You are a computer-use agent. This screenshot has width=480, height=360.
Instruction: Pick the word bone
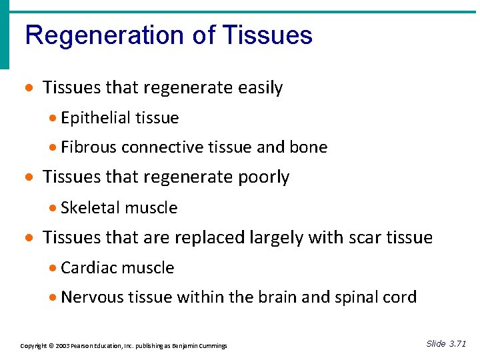point(309,147)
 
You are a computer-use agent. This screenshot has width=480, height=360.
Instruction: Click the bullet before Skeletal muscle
point(53,208)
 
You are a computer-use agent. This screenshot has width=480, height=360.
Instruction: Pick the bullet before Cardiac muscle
point(53,268)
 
